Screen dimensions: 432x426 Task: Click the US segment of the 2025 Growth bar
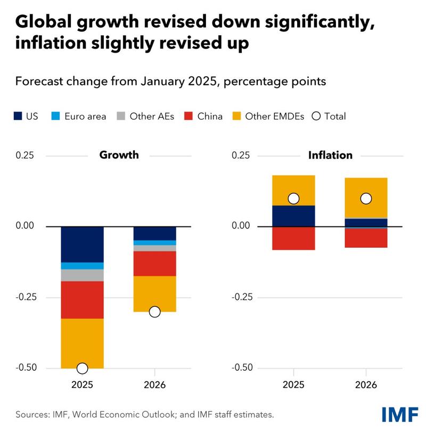[x=82, y=244]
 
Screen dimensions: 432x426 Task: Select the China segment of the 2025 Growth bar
[x=82, y=299]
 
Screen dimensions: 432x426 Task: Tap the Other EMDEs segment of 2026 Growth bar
[x=154, y=294]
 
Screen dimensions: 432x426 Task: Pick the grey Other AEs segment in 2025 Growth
[x=82, y=275]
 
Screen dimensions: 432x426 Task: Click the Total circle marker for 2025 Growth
[x=82, y=368]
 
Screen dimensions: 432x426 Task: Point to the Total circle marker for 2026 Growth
[x=154, y=312]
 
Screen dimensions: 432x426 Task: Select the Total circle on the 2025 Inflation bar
[x=293, y=199]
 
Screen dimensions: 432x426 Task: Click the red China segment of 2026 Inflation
[x=366, y=238]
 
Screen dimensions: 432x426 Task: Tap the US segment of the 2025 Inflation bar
[x=293, y=216]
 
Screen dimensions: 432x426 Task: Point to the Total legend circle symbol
[x=316, y=116]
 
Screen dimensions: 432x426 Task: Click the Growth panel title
[x=119, y=155]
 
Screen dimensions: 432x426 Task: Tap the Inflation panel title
[x=330, y=155]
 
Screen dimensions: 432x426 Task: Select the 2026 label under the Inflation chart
[x=366, y=385]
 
